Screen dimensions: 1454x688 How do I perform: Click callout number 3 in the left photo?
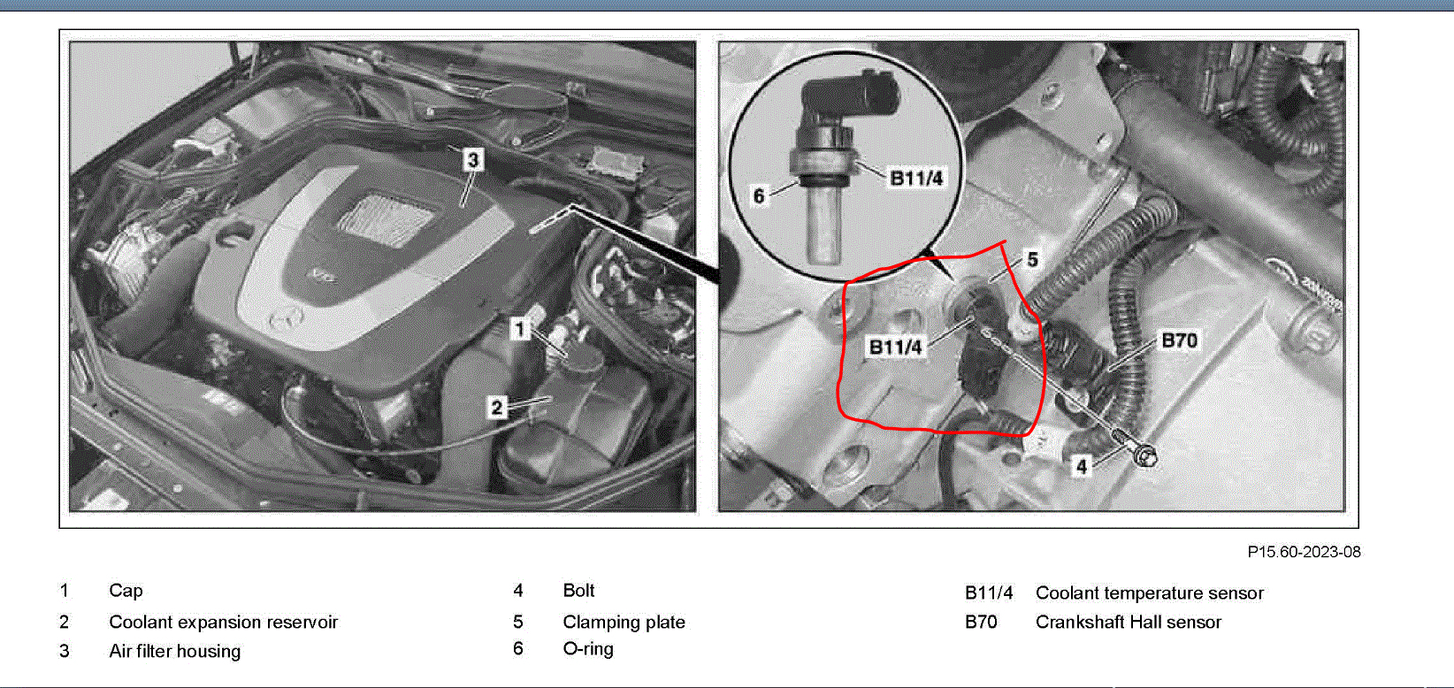click(x=473, y=159)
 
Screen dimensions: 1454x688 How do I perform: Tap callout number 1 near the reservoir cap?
click(x=519, y=330)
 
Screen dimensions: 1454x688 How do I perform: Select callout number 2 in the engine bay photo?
click(x=497, y=408)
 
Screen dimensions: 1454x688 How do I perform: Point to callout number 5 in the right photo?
click(x=1032, y=260)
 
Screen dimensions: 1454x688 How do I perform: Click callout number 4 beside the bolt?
click(x=1082, y=467)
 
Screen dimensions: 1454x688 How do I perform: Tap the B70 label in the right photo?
click(x=1179, y=340)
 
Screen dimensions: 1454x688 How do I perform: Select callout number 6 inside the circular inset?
click(x=759, y=195)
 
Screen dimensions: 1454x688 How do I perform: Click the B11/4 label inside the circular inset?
click(x=916, y=178)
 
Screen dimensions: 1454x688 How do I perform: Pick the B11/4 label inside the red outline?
click(x=895, y=348)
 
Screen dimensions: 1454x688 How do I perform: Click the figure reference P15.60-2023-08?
click(x=1304, y=552)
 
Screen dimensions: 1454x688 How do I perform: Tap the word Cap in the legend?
click(x=126, y=591)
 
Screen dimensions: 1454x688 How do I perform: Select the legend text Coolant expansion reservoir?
click(x=223, y=622)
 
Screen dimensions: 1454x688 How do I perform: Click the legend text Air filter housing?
click(x=174, y=651)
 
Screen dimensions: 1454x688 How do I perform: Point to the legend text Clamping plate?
click(x=624, y=622)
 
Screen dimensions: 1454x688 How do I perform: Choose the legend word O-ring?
click(x=588, y=648)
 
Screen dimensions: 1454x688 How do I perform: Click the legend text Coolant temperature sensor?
click(x=1150, y=592)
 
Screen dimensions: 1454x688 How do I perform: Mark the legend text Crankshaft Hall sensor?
click(x=1129, y=622)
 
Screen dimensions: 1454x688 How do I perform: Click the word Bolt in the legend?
click(x=578, y=590)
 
